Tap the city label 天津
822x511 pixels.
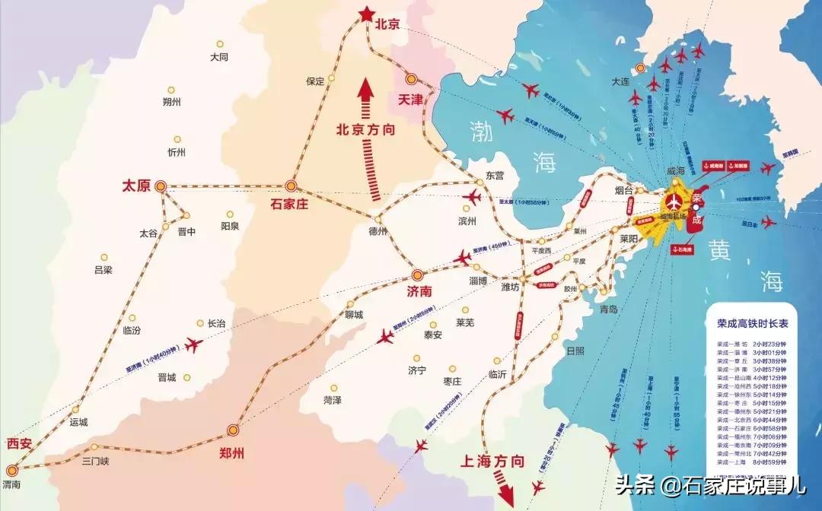pyautogui.click(x=410, y=99)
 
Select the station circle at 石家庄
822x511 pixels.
pyautogui.click(x=291, y=186)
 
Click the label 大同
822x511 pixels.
pyautogui.click(x=219, y=56)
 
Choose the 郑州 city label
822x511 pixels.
pyautogui.click(x=231, y=453)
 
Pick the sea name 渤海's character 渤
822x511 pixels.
pyautogui.click(x=481, y=131)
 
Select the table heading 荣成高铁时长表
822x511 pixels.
pyautogui.click(x=752, y=322)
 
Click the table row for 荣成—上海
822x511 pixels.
pyautogui.click(x=752, y=462)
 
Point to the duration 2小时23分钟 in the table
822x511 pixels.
pyautogui.click(x=772, y=343)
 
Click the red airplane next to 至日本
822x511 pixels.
pyautogui.click(x=769, y=223)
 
